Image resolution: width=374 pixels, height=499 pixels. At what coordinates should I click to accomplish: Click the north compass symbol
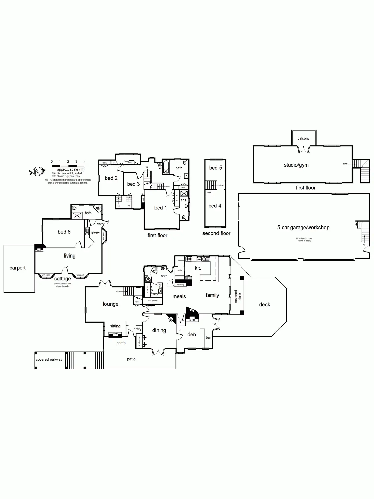pyautogui.click(x=37, y=172)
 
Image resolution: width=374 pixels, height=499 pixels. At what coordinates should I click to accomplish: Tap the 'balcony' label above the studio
pyautogui.click(x=303, y=138)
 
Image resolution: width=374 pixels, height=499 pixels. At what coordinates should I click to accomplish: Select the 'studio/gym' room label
pyautogui.click(x=296, y=165)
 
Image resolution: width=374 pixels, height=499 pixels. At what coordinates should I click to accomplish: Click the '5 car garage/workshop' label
pyautogui.click(x=303, y=228)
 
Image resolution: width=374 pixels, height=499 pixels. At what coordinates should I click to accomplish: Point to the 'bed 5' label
pyautogui.click(x=215, y=168)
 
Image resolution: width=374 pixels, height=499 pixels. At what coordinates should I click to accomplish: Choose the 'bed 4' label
pyautogui.click(x=215, y=206)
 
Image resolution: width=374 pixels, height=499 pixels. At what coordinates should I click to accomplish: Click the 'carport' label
pyautogui.click(x=18, y=268)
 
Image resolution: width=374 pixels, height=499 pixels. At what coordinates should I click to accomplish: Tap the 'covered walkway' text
pyautogui.click(x=49, y=359)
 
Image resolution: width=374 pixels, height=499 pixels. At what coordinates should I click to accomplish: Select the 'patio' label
pyautogui.click(x=131, y=359)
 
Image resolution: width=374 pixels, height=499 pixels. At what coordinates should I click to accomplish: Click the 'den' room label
pyautogui.click(x=192, y=335)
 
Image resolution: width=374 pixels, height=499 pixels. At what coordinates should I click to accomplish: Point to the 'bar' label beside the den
pyautogui.click(x=208, y=338)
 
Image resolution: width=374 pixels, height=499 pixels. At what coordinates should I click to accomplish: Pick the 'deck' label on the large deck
pyautogui.click(x=264, y=305)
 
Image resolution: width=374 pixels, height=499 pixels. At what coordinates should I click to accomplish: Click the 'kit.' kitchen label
pyautogui.click(x=198, y=268)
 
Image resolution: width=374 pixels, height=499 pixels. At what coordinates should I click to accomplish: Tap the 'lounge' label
pyautogui.click(x=111, y=304)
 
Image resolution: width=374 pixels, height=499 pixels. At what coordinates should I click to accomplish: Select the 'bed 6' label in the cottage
pyautogui.click(x=64, y=232)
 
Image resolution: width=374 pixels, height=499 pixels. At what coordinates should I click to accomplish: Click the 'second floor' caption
pyautogui.click(x=216, y=233)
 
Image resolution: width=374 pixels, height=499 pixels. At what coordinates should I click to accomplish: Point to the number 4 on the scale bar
pyautogui.click(x=85, y=162)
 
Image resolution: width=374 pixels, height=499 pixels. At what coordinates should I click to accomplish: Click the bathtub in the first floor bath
pyautogui.click(x=166, y=167)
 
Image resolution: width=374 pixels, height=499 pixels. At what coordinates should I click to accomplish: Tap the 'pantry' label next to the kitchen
pyautogui.click(x=179, y=270)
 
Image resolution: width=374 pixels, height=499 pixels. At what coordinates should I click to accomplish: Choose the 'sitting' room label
pyautogui.click(x=115, y=326)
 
